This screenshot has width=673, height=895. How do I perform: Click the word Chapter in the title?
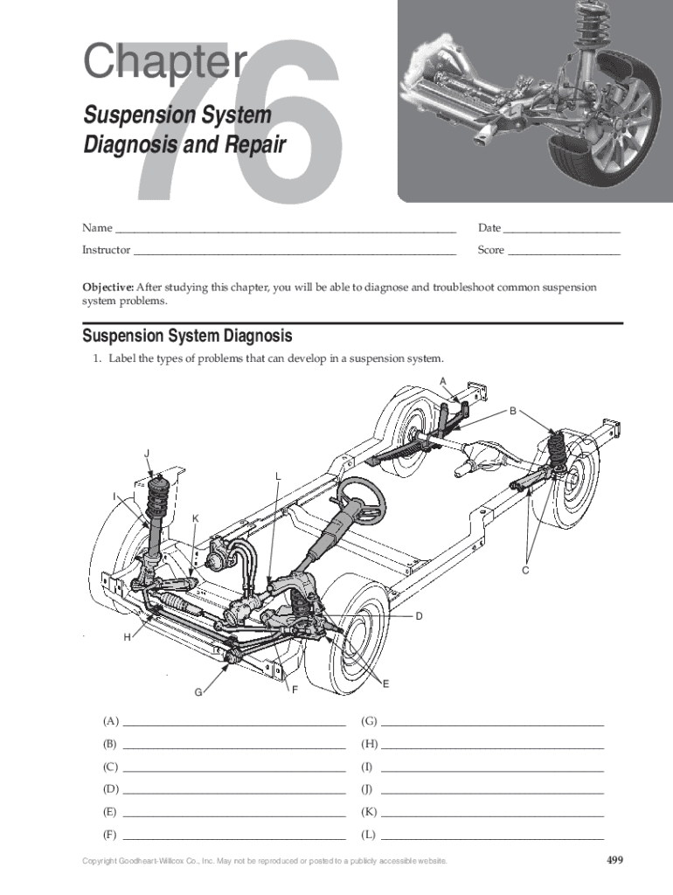pyautogui.click(x=165, y=60)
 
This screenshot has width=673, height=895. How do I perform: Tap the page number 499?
pyautogui.click(x=614, y=860)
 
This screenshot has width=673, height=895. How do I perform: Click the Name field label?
pyautogui.click(x=97, y=228)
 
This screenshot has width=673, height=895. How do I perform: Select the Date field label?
pyautogui.click(x=489, y=228)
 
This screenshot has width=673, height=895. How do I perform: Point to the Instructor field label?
pyautogui.click(x=106, y=249)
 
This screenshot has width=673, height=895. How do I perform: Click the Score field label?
pyautogui.click(x=491, y=249)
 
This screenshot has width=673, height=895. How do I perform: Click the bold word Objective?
pyautogui.click(x=108, y=287)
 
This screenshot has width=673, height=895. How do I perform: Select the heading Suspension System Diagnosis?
pyautogui.click(x=187, y=336)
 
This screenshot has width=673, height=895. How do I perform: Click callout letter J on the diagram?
pyautogui.click(x=147, y=454)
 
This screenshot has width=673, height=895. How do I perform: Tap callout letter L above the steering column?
pyautogui.click(x=278, y=476)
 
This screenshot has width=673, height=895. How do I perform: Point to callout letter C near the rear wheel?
pyautogui.click(x=526, y=570)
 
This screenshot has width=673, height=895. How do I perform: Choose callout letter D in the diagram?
pyautogui.click(x=419, y=616)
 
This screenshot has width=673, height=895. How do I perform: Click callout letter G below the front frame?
pyautogui.click(x=198, y=692)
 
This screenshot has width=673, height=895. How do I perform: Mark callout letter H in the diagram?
pyautogui.click(x=128, y=637)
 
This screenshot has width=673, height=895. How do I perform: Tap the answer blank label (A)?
pyautogui.click(x=111, y=721)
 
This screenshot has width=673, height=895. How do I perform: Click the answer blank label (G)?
pyautogui.click(x=370, y=721)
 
